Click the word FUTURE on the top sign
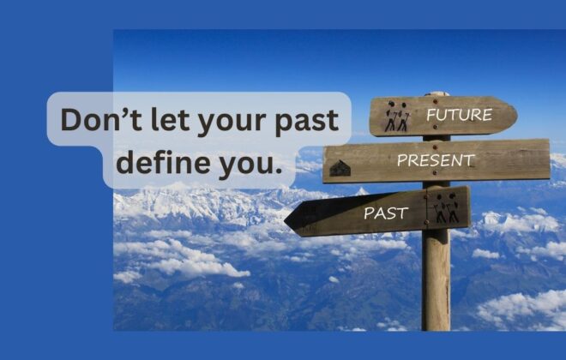pos(459,115)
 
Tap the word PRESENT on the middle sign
pos(436,160)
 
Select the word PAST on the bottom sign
pos(386,213)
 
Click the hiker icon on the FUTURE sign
pos(397,116)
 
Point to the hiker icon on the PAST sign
pos(446,207)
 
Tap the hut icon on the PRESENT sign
pos(340,169)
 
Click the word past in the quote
pos(306,122)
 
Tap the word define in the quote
pos(163,162)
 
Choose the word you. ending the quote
pos(250,165)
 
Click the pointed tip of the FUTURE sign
pos(517,116)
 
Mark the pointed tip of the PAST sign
pos(285,219)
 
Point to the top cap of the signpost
pos(437,93)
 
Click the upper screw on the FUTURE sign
pos(435,101)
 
